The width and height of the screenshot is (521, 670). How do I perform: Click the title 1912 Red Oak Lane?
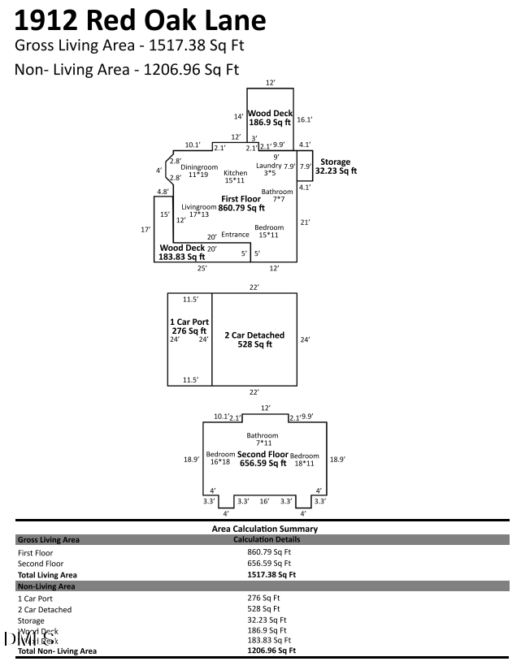(x=140, y=19)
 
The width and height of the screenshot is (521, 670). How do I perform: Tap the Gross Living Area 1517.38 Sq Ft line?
(x=129, y=45)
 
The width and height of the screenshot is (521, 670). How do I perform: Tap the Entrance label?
(x=236, y=235)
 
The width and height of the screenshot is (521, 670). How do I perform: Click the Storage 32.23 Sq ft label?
(x=335, y=166)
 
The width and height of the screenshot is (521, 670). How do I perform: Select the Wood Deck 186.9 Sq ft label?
(x=270, y=118)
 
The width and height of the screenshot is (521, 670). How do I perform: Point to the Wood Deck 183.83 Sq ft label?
(x=182, y=252)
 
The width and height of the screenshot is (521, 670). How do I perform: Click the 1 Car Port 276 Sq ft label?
(x=189, y=326)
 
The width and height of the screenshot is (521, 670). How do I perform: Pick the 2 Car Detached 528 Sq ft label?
(x=254, y=339)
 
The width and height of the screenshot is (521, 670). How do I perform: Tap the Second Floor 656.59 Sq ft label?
(x=263, y=459)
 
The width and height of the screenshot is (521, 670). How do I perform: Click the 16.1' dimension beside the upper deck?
(x=305, y=119)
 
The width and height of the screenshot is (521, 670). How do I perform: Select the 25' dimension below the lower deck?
(x=201, y=268)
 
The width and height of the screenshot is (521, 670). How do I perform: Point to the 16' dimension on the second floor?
(x=263, y=502)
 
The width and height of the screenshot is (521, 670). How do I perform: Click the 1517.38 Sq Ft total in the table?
(x=271, y=574)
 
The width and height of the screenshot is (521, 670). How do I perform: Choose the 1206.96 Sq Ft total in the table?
(x=271, y=651)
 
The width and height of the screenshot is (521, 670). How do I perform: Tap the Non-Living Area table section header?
(x=46, y=586)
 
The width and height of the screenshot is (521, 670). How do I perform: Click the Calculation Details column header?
(x=267, y=539)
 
